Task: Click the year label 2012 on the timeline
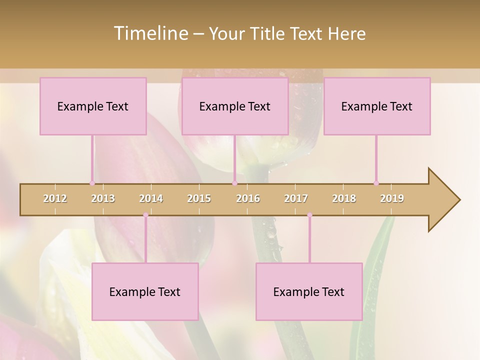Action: click(55, 198)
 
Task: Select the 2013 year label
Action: click(103, 198)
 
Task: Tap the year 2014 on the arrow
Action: click(151, 198)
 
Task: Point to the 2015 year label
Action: click(199, 198)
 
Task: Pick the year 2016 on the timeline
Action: click(248, 198)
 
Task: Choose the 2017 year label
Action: click(296, 198)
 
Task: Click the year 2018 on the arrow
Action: click(344, 198)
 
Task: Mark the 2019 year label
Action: click(392, 198)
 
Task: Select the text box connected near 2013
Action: click(93, 106)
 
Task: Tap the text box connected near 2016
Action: click(235, 106)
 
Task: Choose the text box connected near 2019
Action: click(377, 106)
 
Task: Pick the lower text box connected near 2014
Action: click(145, 291)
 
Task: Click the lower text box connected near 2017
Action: click(309, 291)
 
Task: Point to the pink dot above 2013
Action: click(92, 183)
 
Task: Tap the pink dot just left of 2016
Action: click(234, 183)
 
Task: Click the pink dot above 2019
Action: click(376, 183)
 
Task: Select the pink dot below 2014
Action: click(145, 215)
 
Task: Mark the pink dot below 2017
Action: click(309, 215)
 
